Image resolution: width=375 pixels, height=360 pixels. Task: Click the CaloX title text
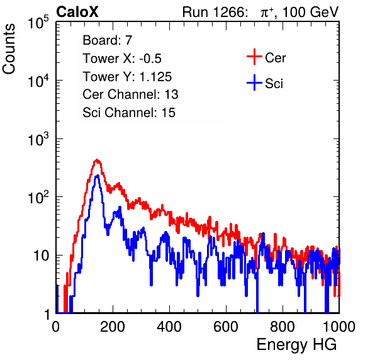[77, 12]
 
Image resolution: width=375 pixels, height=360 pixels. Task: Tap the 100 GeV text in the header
[310, 12]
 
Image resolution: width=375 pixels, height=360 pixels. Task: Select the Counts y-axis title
[9, 49]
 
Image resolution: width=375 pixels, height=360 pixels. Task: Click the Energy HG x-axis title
[296, 344]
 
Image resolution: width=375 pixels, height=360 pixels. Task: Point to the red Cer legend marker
[254, 57]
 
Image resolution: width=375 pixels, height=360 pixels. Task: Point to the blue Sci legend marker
[254, 83]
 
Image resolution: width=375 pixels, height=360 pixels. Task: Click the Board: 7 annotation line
[108, 40]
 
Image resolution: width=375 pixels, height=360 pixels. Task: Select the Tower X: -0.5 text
[122, 59]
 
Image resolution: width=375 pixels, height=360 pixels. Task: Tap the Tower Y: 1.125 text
[127, 77]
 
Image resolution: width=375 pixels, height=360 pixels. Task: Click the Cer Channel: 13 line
[130, 94]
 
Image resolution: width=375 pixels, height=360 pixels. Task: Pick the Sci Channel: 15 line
[129, 113]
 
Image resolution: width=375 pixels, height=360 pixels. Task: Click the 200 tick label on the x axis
[113, 327]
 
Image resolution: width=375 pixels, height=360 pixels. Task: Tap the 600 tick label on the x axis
[226, 327]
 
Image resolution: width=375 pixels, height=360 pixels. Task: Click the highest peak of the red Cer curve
[97, 160]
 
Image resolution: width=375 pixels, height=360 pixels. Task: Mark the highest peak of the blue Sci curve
[98, 176]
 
